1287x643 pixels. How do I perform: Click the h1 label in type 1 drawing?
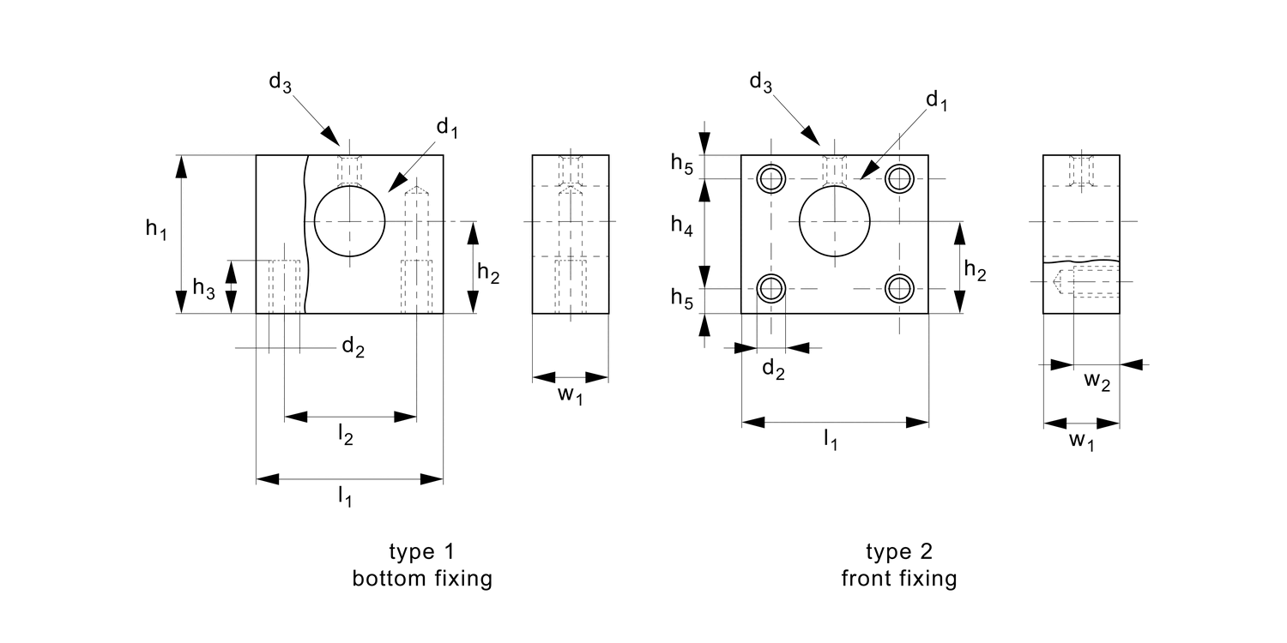(155, 230)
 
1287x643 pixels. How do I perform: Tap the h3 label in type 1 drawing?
(203, 289)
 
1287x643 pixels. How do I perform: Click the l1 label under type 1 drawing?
(344, 496)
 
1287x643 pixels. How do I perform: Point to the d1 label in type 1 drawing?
(447, 129)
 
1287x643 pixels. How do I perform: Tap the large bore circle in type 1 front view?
(350, 221)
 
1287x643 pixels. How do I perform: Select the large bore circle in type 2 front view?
(835, 221)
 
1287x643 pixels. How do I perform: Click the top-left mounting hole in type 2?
(771, 178)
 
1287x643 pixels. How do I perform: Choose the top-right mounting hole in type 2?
(899, 178)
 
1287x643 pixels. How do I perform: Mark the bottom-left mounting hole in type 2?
(771, 287)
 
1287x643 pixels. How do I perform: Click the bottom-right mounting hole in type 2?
(899, 287)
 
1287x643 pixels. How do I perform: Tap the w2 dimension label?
(1097, 383)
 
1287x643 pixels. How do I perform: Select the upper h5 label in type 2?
(682, 163)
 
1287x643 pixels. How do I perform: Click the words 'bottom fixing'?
(422, 579)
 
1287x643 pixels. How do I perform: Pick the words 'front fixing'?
(898, 579)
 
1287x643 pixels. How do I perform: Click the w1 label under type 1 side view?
(571, 395)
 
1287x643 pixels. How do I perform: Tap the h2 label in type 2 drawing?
(975, 271)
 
